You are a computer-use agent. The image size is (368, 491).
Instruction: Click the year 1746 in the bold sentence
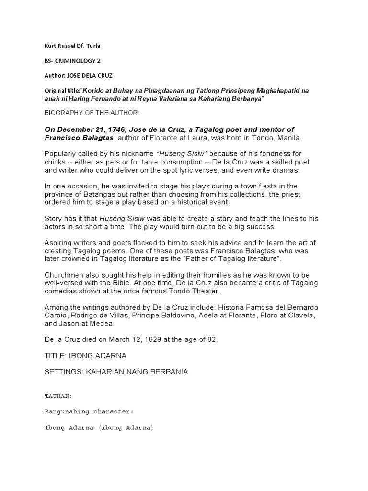point(113,129)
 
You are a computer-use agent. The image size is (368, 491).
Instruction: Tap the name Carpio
point(57,315)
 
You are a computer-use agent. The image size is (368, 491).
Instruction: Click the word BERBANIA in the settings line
point(164,372)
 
